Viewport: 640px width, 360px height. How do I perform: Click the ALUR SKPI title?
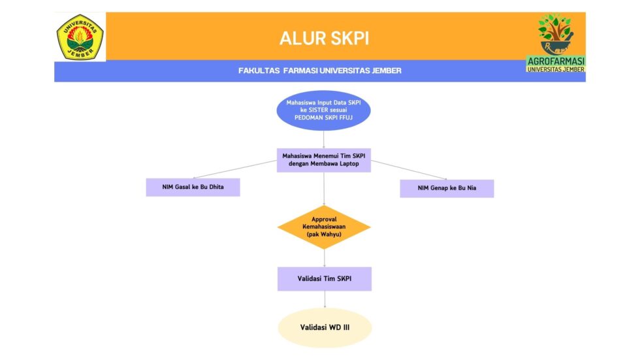(324, 38)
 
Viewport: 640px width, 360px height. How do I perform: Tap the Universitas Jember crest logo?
(80, 37)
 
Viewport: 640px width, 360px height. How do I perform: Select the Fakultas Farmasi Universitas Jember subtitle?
(320, 71)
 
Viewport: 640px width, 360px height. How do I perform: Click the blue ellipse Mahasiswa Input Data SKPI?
(324, 110)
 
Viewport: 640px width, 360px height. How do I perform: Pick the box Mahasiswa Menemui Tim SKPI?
(324, 160)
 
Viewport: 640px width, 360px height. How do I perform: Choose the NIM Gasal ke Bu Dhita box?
(193, 188)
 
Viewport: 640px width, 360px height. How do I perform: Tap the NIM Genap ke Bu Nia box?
(447, 188)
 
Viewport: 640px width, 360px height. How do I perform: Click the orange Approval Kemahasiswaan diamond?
(324, 227)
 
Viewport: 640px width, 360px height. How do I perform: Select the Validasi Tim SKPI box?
(324, 279)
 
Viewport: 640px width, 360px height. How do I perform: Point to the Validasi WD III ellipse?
(324, 327)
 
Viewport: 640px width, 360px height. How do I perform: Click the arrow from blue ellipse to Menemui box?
(324, 139)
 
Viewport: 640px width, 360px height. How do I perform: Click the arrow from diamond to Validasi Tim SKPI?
(324, 258)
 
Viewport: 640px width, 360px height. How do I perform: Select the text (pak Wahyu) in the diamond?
(324, 234)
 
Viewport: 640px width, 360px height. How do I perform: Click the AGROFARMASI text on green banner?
(556, 61)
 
